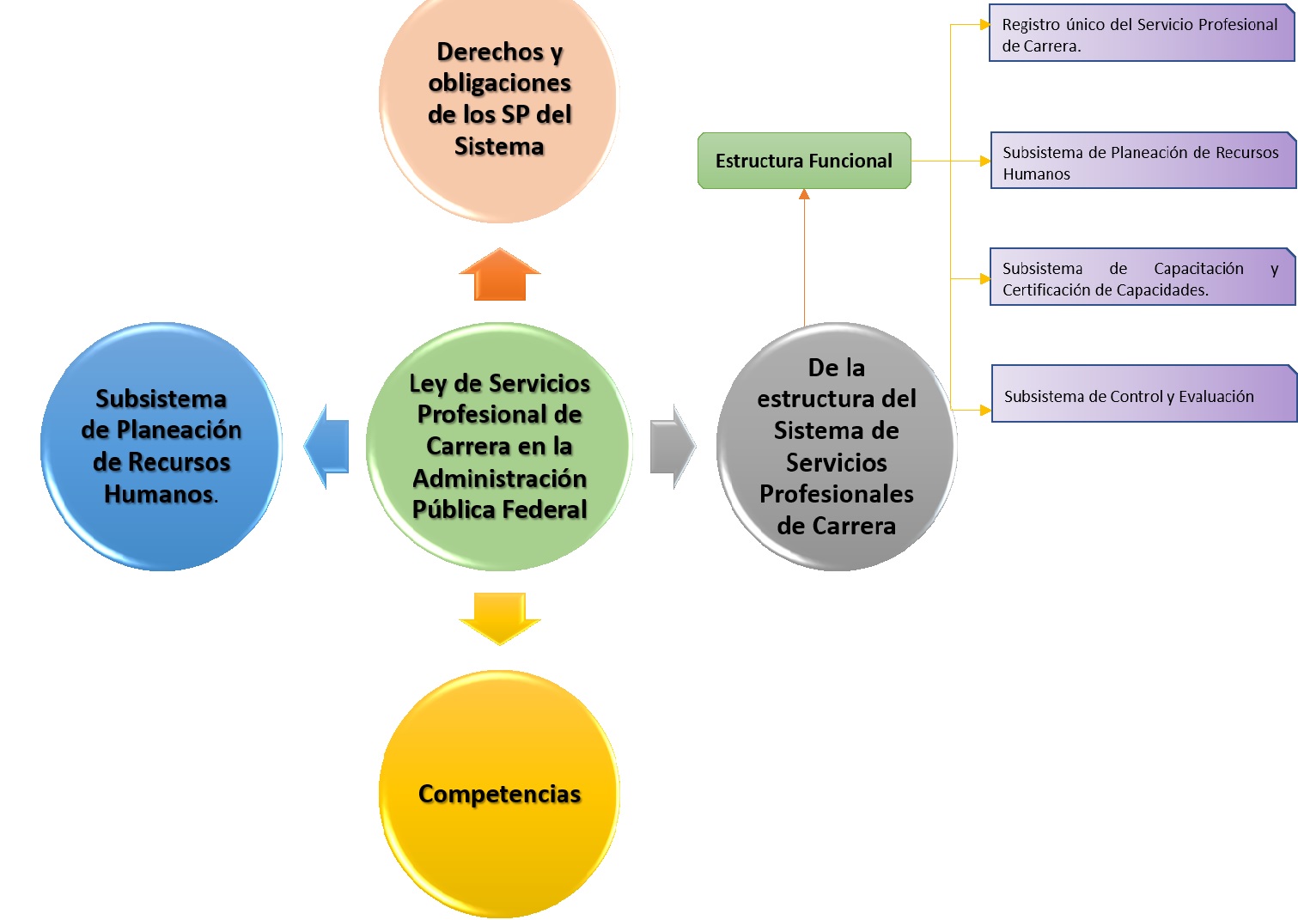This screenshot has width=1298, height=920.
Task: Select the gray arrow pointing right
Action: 672,446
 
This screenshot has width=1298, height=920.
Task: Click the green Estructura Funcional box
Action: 804,161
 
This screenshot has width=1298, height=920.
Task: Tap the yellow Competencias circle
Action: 499,794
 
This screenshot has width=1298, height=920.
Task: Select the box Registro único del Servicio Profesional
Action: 1142,35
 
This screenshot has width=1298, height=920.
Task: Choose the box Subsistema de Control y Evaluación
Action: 1143,395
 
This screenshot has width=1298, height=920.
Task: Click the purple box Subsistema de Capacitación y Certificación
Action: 1142,278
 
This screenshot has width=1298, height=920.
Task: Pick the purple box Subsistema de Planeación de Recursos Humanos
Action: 1143,162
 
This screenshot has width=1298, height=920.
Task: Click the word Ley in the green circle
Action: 428,383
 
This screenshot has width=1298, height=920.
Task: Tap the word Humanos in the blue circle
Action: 159,494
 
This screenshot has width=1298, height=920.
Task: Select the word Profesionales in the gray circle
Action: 836,494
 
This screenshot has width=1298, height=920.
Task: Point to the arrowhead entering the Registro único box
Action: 984,25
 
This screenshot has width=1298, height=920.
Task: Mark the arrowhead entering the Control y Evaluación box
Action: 984,411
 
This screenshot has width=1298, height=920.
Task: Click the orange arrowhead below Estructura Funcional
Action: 804,195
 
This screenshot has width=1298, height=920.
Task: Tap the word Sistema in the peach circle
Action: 499,147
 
